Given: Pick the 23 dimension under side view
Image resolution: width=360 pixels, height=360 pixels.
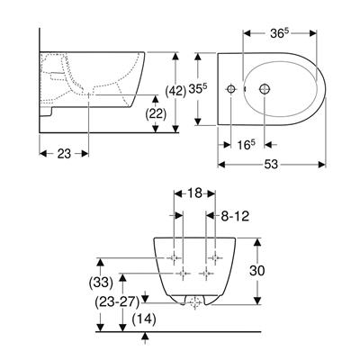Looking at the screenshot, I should click(x=63, y=155).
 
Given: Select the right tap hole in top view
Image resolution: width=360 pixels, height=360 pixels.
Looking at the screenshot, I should click(x=265, y=90).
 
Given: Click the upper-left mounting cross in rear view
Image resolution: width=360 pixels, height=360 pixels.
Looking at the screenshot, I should click(x=175, y=257).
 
